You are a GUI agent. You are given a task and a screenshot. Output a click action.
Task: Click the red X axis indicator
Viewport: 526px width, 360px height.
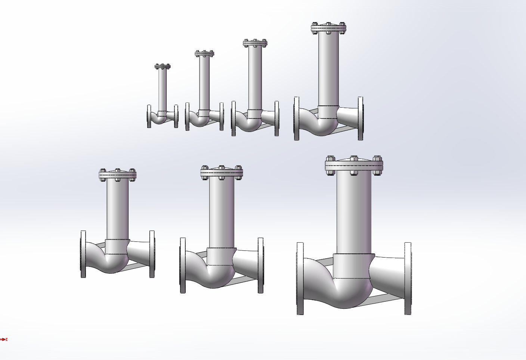(x=4, y=339)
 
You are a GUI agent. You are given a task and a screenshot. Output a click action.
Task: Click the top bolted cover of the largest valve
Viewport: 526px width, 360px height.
(x=354, y=164)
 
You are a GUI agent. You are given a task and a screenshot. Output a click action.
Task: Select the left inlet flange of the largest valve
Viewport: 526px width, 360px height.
(x=300, y=279)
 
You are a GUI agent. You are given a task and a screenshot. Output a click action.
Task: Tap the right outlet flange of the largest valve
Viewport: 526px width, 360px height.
(x=408, y=279)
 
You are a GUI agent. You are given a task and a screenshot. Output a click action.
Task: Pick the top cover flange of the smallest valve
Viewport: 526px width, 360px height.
(x=163, y=67)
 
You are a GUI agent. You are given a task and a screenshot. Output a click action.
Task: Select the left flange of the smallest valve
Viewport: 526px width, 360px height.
(x=149, y=116)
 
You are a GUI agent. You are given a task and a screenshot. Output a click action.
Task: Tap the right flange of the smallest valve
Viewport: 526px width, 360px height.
(x=176, y=116)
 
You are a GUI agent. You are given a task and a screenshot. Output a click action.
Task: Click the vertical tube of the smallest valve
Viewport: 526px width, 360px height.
(x=163, y=90)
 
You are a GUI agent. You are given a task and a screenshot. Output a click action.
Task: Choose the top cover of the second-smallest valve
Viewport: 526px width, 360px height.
(x=204, y=53)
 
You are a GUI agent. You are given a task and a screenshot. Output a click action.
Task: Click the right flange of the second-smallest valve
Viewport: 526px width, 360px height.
(x=222, y=116)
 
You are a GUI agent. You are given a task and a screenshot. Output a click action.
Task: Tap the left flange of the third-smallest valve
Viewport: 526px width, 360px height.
(x=233, y=119)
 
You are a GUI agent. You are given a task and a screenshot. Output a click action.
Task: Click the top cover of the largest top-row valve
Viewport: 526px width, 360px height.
(x=329, y=28)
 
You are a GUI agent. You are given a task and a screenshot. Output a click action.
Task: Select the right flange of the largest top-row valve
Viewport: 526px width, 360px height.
(x=360, y=119)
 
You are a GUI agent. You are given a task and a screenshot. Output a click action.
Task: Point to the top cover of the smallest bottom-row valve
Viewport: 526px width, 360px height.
(x=118, y=175)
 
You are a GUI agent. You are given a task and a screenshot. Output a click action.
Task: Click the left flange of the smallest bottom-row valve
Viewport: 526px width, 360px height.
(x=83, y=254)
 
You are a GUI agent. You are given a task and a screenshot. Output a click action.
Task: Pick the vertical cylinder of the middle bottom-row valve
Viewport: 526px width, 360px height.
(x=222, y=213)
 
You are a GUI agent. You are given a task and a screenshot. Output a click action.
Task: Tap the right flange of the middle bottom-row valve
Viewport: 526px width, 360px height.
(x=260, y=265)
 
